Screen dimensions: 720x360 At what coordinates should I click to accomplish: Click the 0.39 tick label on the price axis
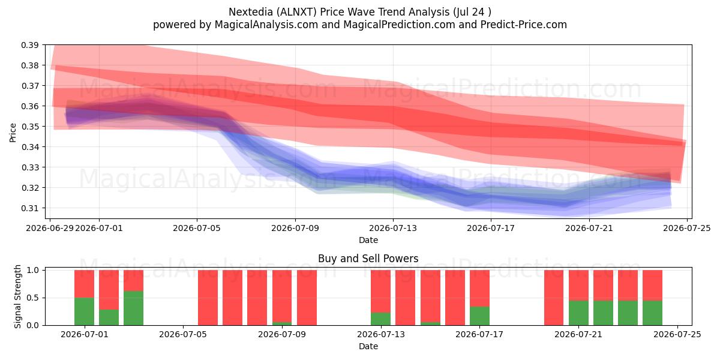29,45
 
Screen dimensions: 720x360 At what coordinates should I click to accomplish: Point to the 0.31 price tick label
29,208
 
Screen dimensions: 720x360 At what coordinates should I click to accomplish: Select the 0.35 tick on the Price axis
29,127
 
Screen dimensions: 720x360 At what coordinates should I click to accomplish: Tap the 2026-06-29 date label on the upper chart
50,228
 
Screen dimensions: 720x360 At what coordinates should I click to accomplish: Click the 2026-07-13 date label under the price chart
393,228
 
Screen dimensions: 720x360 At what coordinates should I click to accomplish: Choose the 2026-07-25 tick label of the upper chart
687,228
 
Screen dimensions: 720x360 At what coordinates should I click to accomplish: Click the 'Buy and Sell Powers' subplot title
368,259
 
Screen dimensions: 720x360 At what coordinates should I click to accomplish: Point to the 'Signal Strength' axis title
17,296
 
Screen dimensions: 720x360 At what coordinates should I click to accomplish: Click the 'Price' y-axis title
13,133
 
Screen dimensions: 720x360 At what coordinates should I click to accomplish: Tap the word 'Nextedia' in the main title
251,12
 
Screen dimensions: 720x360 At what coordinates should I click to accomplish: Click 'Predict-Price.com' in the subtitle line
524,25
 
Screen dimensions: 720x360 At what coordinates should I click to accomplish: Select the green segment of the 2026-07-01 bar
84,311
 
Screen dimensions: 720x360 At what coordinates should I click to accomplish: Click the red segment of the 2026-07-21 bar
578,286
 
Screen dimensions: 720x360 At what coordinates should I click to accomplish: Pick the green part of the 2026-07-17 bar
479,316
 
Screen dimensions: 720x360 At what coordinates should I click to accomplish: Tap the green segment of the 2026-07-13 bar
380,319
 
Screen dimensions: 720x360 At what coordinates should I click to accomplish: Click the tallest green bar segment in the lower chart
133,308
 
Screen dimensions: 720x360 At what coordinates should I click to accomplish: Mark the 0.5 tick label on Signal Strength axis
32,298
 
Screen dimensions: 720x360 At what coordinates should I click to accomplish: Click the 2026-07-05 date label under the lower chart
183,335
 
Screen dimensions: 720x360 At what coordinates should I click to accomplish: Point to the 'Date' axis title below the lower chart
368,347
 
